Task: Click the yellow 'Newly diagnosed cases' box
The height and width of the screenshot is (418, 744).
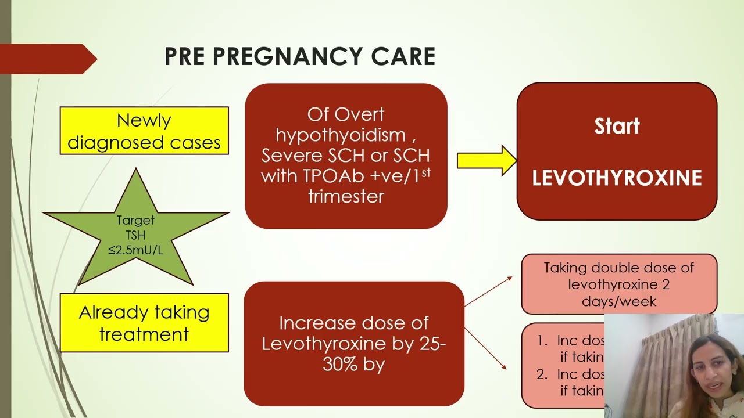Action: pyautogui.click(x=144, y=131)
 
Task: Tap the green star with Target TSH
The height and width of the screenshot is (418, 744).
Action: pyautogui.click(x=136, y=232)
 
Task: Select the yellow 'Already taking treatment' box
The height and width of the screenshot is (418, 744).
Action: pyautogui.click(x=144, y=323)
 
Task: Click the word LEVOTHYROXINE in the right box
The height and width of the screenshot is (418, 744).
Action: pyautogui.click(x=617, y=178)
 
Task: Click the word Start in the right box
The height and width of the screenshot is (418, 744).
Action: pyautogui.click(x=617, y=126)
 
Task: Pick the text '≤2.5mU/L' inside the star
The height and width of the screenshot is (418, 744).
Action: pyautogui.click(x=135, y=251)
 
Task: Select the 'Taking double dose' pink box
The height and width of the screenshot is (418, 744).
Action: pyautogui.click(x=619, y=284)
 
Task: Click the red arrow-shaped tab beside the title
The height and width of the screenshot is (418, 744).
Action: pyautogui.click(x=46, y=59)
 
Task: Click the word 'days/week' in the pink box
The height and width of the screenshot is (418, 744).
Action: pyautogui.click(x=619, y=301)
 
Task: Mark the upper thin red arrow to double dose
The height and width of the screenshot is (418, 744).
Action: pyautogui.click(x=488, y=291)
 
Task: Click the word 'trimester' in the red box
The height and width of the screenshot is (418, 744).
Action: pyautogui.click(x=346, y=196)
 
